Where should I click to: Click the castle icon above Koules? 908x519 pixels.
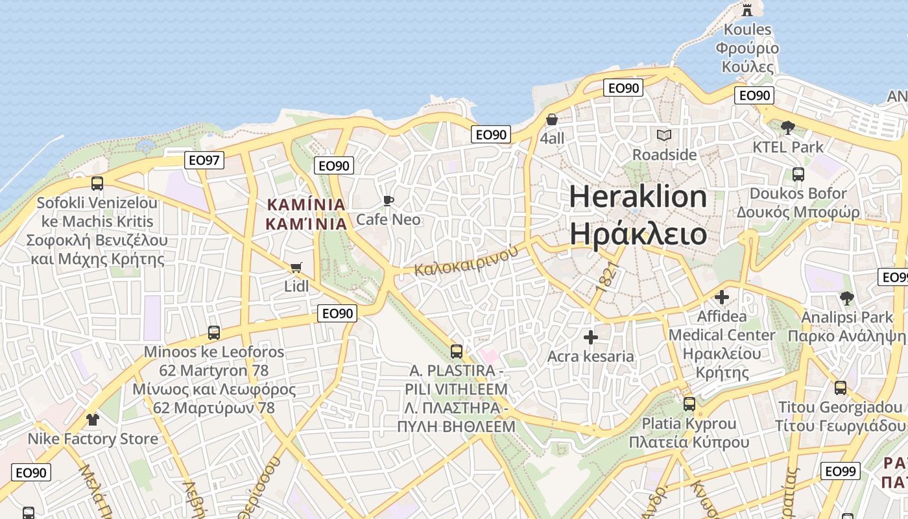[x=747, y=9]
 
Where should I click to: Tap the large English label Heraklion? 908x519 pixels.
[x=638, y=197]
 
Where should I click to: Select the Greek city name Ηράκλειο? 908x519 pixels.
[x=638, y=234]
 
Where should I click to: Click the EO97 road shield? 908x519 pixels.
[x=204, y=160]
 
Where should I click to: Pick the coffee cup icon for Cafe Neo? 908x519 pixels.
[x=388, y=200]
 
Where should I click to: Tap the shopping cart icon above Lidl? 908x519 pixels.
[x=296, y=267]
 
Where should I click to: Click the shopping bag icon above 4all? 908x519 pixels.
[x=552, y=119]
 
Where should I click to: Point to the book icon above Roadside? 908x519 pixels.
[x=664, y=135]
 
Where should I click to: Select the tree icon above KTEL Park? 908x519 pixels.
[x=788, y=127]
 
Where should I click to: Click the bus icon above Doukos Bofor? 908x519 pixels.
[x=798, y=174]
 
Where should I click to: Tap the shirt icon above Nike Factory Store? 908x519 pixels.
[x=93, y=420]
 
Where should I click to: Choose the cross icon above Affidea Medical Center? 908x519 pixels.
[x=721, y=297]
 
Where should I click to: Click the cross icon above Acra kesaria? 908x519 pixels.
[x=590, y=337]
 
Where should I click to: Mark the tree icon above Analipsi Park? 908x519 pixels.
[x=846, y=298]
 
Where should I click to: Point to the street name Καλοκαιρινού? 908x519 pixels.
[x=467, y=259]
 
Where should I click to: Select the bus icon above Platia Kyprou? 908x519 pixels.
[x=689, y=404]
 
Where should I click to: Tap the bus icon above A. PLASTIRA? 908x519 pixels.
[x=457, y=352]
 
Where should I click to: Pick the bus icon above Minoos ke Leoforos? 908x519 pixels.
[x=214, y=333]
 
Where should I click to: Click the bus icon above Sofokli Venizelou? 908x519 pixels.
[x=97, y=184]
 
